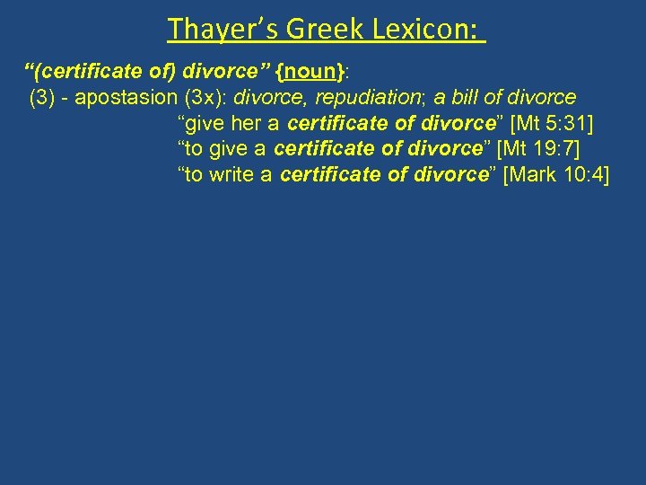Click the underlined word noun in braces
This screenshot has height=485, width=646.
(x=300, y=71)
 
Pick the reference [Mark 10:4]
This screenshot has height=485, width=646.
(x=556, y=174)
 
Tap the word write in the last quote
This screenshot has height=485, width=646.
(x=231, y=174)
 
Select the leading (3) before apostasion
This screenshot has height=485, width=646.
(x=44, y=97)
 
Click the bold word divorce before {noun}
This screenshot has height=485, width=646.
(x=208, y=71)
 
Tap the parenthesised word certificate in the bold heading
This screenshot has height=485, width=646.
(x=85, y=71)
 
